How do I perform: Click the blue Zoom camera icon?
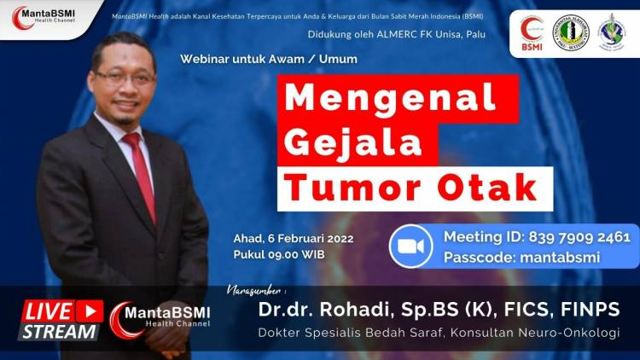pos(411,246)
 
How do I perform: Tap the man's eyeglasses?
pos(125,77)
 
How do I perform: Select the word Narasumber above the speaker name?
pos(257,289)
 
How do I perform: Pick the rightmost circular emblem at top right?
pos(612,32)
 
